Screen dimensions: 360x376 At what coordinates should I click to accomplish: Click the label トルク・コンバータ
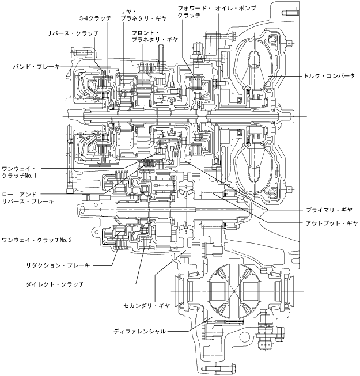[x=329, y=76]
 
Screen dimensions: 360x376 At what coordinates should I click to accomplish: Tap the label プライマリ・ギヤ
[x=329, y=210]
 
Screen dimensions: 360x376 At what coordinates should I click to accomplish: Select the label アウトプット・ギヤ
[x=332, y=223]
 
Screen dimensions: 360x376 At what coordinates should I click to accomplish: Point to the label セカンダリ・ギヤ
[x=147, y=306]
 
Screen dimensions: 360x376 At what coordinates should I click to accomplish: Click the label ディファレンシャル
[x=139, y=332]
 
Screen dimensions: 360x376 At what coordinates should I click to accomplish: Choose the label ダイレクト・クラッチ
[x=55, y=284]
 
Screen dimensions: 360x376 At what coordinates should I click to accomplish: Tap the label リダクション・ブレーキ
[x=58, y=265]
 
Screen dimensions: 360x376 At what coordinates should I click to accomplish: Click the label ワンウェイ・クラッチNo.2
[x=37, y=240]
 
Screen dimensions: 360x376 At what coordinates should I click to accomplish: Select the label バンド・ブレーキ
[x=36, y=67]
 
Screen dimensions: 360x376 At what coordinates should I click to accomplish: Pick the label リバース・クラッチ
[x=73, y=33]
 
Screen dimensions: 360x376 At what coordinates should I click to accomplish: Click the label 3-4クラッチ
[x=96, y=18]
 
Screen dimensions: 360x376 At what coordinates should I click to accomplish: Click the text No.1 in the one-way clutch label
[x=31, y=176]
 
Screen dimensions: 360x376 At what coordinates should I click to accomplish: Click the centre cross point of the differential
[x=234, y=291]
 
